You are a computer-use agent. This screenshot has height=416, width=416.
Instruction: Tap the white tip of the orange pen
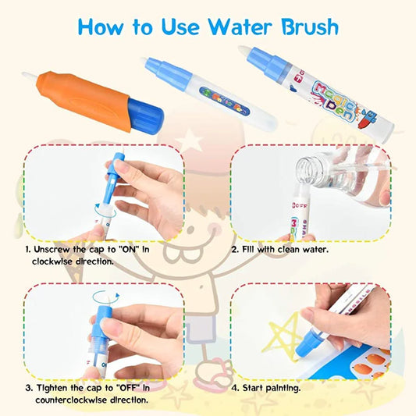[30, 76]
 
